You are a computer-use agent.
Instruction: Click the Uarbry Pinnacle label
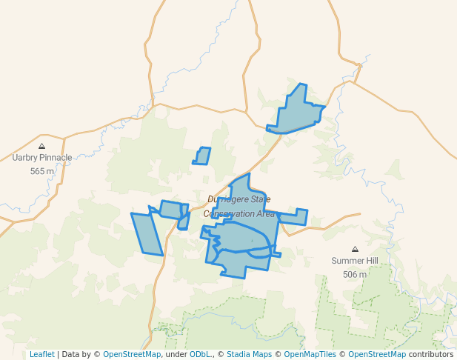pyautogui.click(x=42, y=158)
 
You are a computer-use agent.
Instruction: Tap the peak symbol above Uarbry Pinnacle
pyautogui.click(x=41, y=147)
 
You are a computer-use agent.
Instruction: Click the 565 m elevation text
pyautogui.click(x=42, y=171)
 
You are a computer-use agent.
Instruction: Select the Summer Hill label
pyautogui.click(x=355, y=261)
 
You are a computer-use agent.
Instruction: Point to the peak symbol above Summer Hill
pyautogui.click(x=355, y=250)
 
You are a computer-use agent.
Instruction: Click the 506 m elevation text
pyautogui.click(x=355, y=274)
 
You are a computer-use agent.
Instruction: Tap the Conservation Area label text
pyautogui.click(x=239, y=214)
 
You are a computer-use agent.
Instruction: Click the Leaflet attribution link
pyautogui.click(x=41, y=354)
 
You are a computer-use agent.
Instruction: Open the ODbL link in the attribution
pyautogui.click(x=200, y=354)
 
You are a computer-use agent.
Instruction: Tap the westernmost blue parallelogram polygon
pyautogui.click(x=147, y=233)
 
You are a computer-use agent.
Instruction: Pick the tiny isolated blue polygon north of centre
pyautogui.click(x=201, y=156)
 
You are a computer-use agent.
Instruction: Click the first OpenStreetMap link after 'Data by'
pyautogui.click(x=132, y=354)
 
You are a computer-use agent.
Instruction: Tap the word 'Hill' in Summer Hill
pyautogui.click(x=371, y=261)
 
